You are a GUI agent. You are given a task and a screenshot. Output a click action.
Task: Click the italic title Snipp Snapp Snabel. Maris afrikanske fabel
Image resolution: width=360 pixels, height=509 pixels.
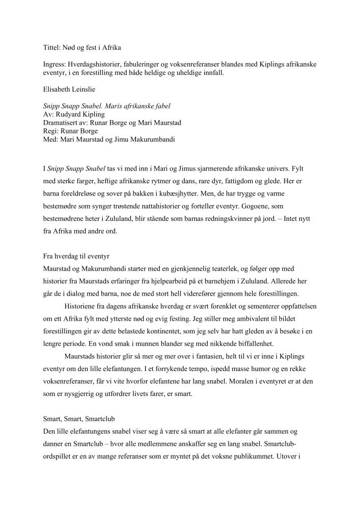pyautogui.click(x=107, y=107)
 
